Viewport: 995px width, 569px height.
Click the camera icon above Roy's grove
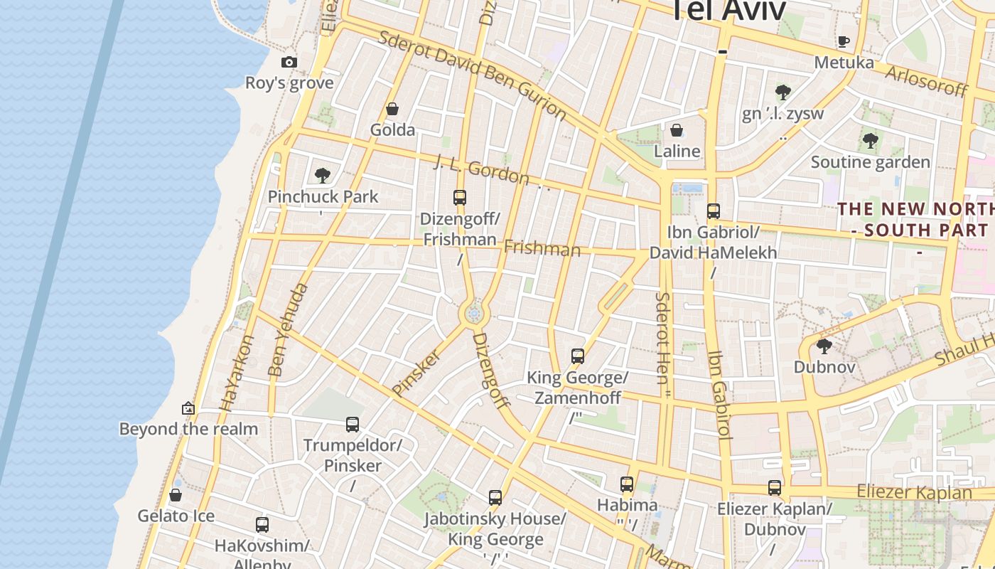tap(289, 62)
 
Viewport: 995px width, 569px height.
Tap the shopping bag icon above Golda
tap(392, 109)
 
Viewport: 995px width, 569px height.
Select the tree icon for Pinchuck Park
tap(323, 175)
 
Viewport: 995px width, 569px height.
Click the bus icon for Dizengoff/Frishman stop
tap(460, 198)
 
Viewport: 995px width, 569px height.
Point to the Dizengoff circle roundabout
tap(474, 313)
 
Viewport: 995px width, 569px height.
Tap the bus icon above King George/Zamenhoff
tap(578, 356)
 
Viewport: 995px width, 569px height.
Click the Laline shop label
tap(677, 151)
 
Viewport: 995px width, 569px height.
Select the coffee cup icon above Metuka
tap(844, 41)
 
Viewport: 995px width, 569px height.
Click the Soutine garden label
tap(870, 162)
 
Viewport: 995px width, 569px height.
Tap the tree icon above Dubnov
tap(824, 346)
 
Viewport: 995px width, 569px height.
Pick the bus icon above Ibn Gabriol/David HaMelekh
tap(714, 211)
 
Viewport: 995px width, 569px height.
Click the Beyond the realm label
tap(188, 429)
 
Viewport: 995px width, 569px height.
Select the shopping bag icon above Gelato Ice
tap(176, 495)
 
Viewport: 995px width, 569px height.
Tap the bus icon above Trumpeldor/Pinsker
tap(353, 425)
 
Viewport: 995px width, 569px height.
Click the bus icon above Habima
tap(627, 484)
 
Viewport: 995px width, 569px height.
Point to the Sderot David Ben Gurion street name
tap(472, 75)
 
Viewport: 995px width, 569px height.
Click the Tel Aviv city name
tap(728, 11)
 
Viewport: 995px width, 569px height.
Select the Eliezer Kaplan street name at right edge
tap(914, 491)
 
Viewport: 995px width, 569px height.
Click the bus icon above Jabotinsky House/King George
tap(495, 498)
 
